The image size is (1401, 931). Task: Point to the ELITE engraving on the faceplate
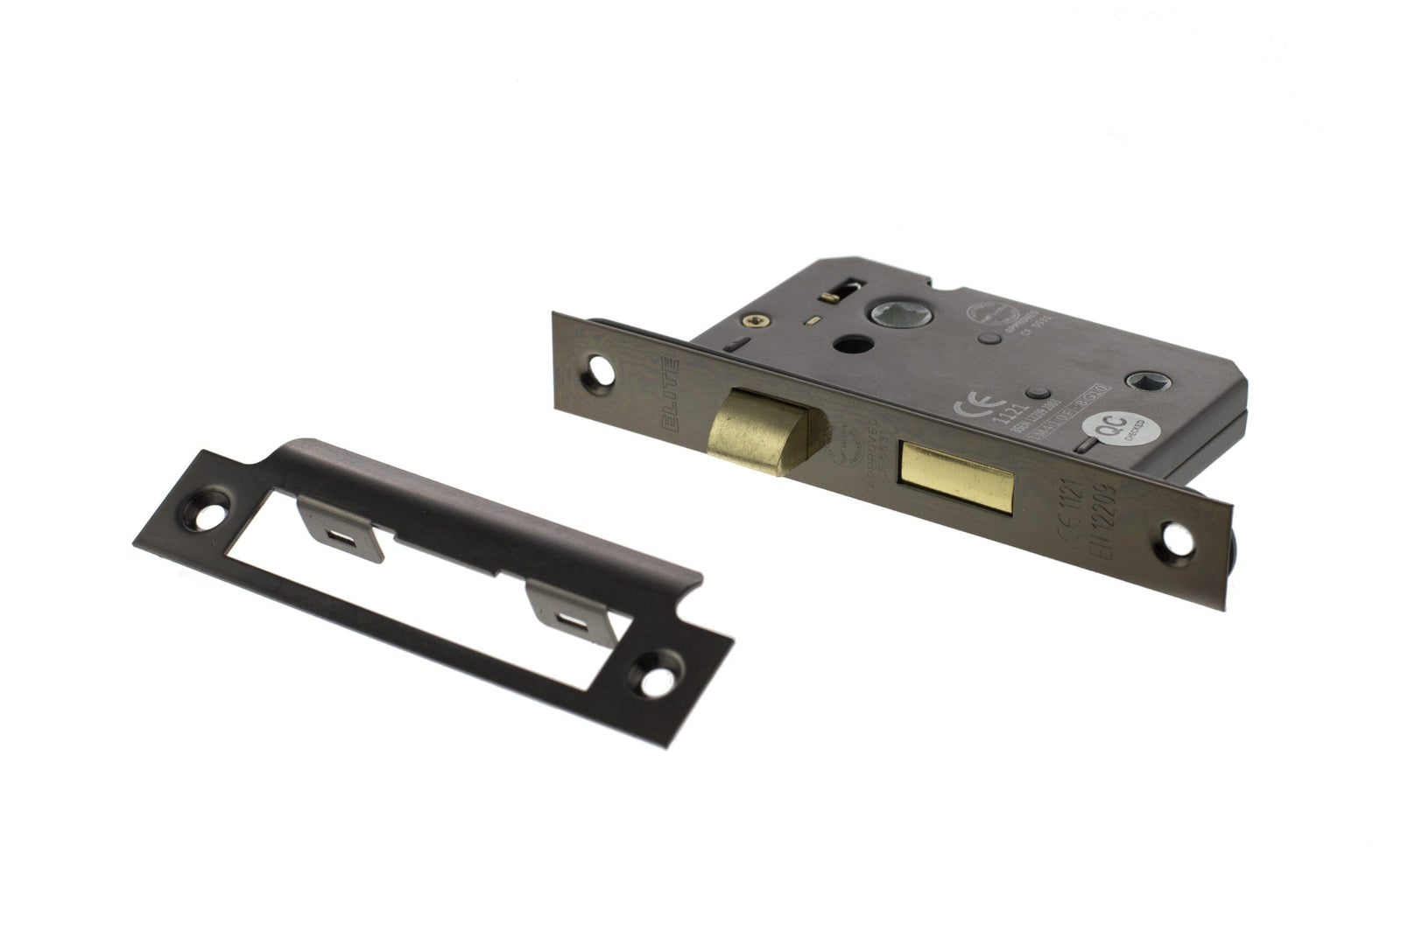[x=672, y=393]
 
